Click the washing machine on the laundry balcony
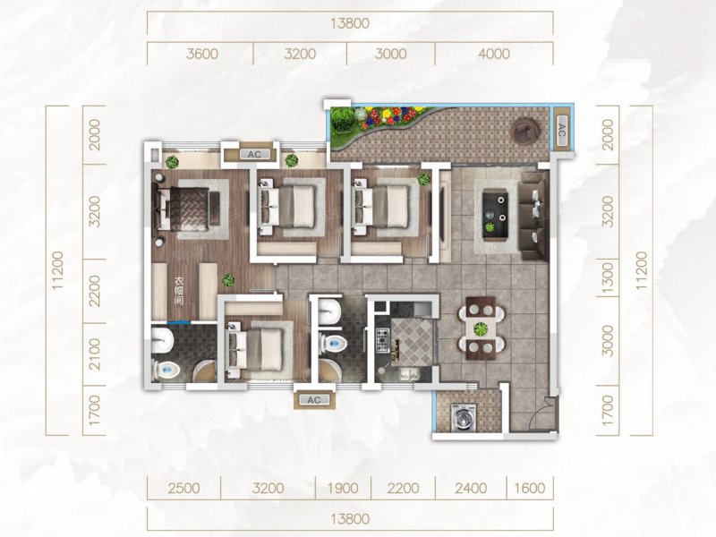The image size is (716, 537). (463, 417)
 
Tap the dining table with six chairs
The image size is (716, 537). (481, 328)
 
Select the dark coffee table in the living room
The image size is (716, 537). (496, 214)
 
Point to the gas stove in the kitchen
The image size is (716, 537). (382, 340)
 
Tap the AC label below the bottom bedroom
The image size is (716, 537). (314, 400)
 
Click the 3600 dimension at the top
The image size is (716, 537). (202, 54)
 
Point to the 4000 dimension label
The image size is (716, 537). (494, 54)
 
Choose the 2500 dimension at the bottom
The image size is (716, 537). (183, 488)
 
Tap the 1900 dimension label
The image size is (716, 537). (343, 488)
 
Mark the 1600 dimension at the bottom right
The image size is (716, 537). (529, 488)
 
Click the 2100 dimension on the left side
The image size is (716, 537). (94, 354)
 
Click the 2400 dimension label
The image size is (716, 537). (471, 488)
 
